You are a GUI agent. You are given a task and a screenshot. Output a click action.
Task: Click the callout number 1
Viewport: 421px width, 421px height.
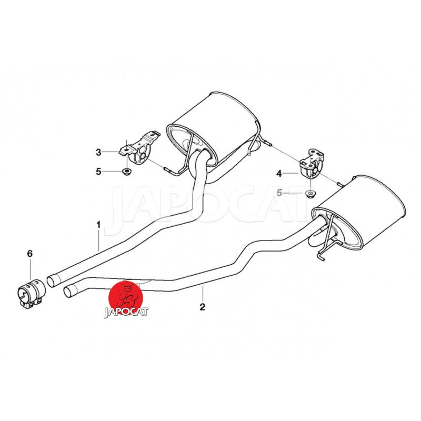coord(98,225)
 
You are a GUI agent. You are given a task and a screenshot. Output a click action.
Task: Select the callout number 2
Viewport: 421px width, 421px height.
coord(203,307)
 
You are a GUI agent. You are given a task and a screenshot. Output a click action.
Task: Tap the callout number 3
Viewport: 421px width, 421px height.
coord(98,152)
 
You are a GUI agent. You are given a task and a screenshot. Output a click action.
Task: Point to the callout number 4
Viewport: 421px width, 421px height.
coord(279,174)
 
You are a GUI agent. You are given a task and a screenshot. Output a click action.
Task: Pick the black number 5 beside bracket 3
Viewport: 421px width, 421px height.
coord(98,172)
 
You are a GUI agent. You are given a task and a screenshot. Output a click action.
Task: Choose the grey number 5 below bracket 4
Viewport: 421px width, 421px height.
coord(279,193)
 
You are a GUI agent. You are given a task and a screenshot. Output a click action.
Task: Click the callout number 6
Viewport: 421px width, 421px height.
coord(30,253)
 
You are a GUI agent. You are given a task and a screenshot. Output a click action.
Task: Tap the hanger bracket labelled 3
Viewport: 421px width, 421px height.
coord(139,149)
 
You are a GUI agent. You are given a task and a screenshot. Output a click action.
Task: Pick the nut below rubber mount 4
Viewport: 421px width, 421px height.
coord(310,193)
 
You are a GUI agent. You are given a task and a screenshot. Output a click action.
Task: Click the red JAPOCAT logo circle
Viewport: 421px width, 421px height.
coord(125,297)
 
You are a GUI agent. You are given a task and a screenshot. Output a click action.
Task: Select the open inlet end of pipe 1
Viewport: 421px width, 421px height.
coord(53,280)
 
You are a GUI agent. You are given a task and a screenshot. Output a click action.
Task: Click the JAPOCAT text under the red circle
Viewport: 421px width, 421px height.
coord(126,312)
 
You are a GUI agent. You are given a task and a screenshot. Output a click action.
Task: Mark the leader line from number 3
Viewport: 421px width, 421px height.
coord(111,152)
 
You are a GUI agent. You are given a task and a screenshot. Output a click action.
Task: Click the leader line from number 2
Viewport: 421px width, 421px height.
coord(203,294)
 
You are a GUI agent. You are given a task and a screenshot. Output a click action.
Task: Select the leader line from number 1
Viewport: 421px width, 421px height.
coord(99,240)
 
